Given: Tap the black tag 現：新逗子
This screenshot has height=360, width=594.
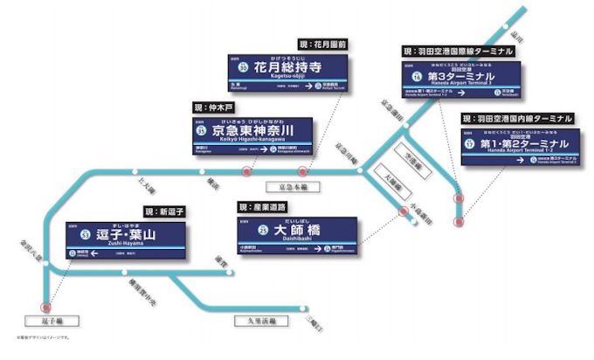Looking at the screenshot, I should (164, 211).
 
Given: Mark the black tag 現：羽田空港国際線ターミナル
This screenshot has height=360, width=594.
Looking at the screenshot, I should (458, 51).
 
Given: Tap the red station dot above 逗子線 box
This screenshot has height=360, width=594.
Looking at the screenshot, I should (45, 307).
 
